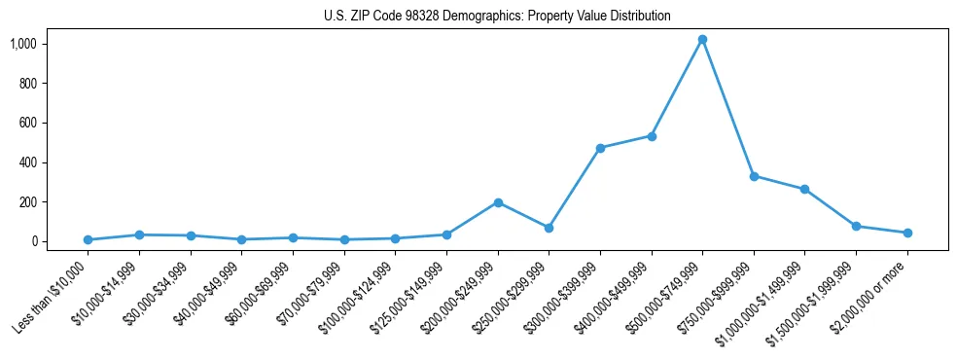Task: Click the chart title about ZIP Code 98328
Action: [497, 17]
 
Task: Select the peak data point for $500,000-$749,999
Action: [702, 40]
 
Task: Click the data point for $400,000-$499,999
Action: [652, 136]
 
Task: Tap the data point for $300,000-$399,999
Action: [600, 148]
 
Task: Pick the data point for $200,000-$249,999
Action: [498, 202]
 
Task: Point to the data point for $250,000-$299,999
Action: [549, 228]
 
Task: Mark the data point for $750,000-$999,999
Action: [754, 176]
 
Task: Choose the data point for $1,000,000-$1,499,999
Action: [805, 189]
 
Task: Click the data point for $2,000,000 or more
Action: [907, 233]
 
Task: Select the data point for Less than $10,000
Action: [88, 239]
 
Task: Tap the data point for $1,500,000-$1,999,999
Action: [856, 226]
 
